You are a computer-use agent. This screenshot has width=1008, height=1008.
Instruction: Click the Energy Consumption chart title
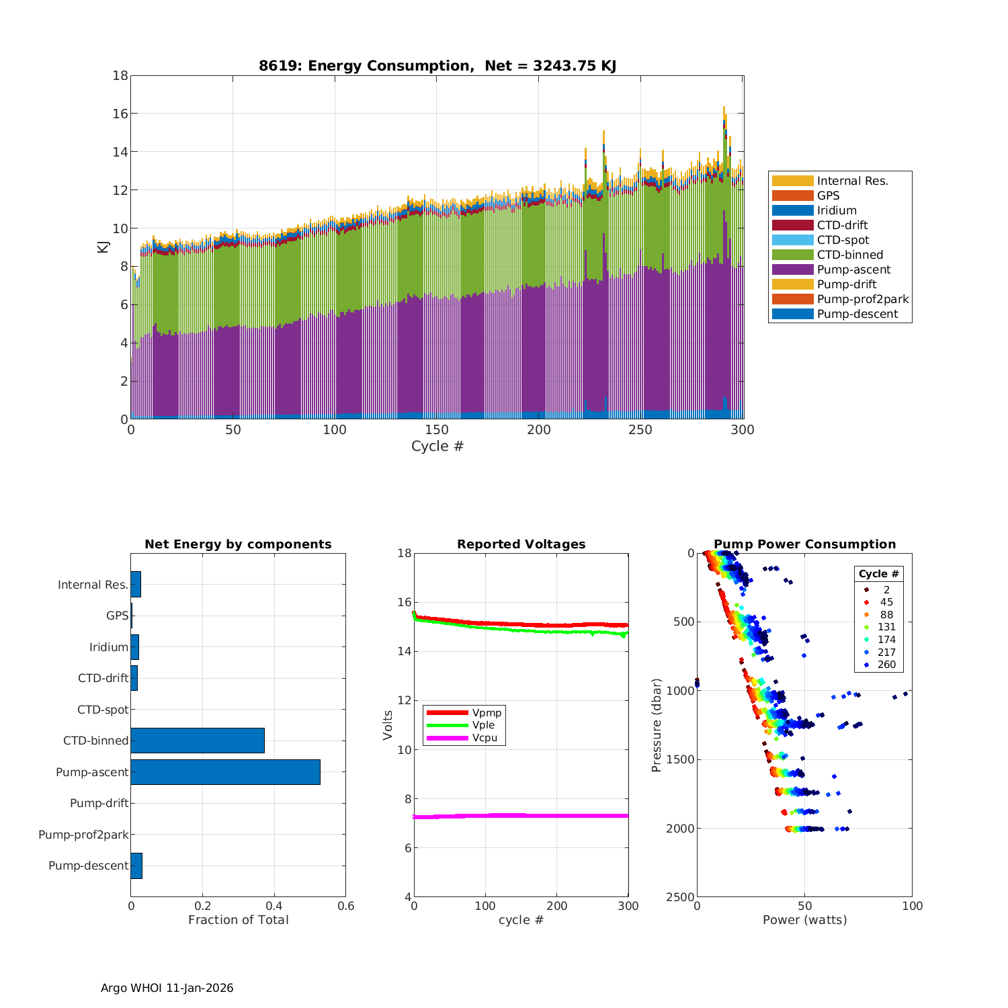click(437, 66)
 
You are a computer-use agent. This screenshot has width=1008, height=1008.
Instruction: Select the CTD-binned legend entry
click(849, 255)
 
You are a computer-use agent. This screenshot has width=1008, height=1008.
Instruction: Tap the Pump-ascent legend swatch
click(792, 269)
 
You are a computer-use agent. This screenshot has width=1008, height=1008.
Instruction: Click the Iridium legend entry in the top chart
click(837, 210)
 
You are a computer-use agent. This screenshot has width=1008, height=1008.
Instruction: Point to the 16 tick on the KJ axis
click(120, 114)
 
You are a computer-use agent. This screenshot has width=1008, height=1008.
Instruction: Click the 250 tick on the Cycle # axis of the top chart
click(640, 430)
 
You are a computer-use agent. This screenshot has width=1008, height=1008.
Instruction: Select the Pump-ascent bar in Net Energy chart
click(225, 772)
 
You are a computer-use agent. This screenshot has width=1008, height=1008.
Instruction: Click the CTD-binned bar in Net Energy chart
click(198, 741)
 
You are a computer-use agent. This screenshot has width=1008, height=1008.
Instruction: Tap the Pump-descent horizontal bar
click(136, 866)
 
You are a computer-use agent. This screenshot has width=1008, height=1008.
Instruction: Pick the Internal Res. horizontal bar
click(136, 585)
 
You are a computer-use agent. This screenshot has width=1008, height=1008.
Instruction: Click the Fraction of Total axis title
click(238, 920)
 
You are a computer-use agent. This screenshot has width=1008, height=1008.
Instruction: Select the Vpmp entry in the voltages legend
click(487, 712)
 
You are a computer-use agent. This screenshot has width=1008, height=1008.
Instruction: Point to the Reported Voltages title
click(521, 544)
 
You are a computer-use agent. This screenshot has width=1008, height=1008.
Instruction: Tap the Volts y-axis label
click(388, 725)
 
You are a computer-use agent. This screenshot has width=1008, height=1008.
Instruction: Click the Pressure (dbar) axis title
click(657, 725)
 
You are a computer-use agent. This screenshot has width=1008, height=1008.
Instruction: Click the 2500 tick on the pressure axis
click(681, 897)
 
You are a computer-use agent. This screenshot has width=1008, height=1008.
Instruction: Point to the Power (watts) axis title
click(804, 920)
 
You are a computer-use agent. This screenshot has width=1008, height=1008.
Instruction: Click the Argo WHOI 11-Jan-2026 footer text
click(167, 988)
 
